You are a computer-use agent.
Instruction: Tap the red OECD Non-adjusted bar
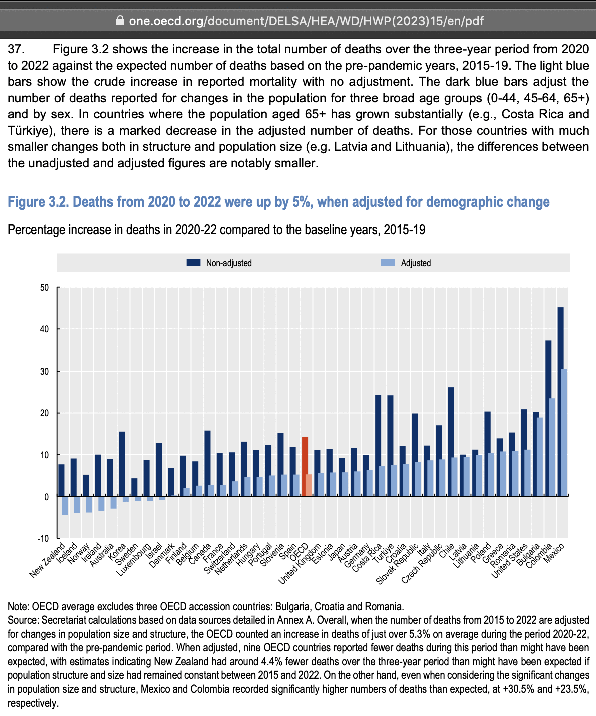(x=305, y=466)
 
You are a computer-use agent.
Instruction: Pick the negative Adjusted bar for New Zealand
(x=65, y=506)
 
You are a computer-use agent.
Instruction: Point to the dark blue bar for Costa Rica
(x=378, y=446)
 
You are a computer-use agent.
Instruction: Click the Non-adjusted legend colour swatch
(x=193, y=263)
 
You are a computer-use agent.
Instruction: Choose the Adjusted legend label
(x=416, y=263)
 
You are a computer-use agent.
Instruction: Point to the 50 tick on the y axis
(x=45, y=288)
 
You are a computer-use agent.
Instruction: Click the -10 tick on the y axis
(x=44, y=539)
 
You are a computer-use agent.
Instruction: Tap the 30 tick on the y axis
(x=45, y=372)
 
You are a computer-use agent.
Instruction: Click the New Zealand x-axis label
(x=48, y=560)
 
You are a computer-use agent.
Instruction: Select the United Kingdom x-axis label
(x=300, y=564)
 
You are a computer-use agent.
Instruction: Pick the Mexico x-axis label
(x=554, y=553)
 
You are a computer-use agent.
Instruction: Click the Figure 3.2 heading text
(x=278, y=202)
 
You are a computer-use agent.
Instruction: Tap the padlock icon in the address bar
(x=119, y=21)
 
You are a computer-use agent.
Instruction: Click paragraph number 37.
(x=16, y=49)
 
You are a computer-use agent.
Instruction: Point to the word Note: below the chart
(x=18, y=607)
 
